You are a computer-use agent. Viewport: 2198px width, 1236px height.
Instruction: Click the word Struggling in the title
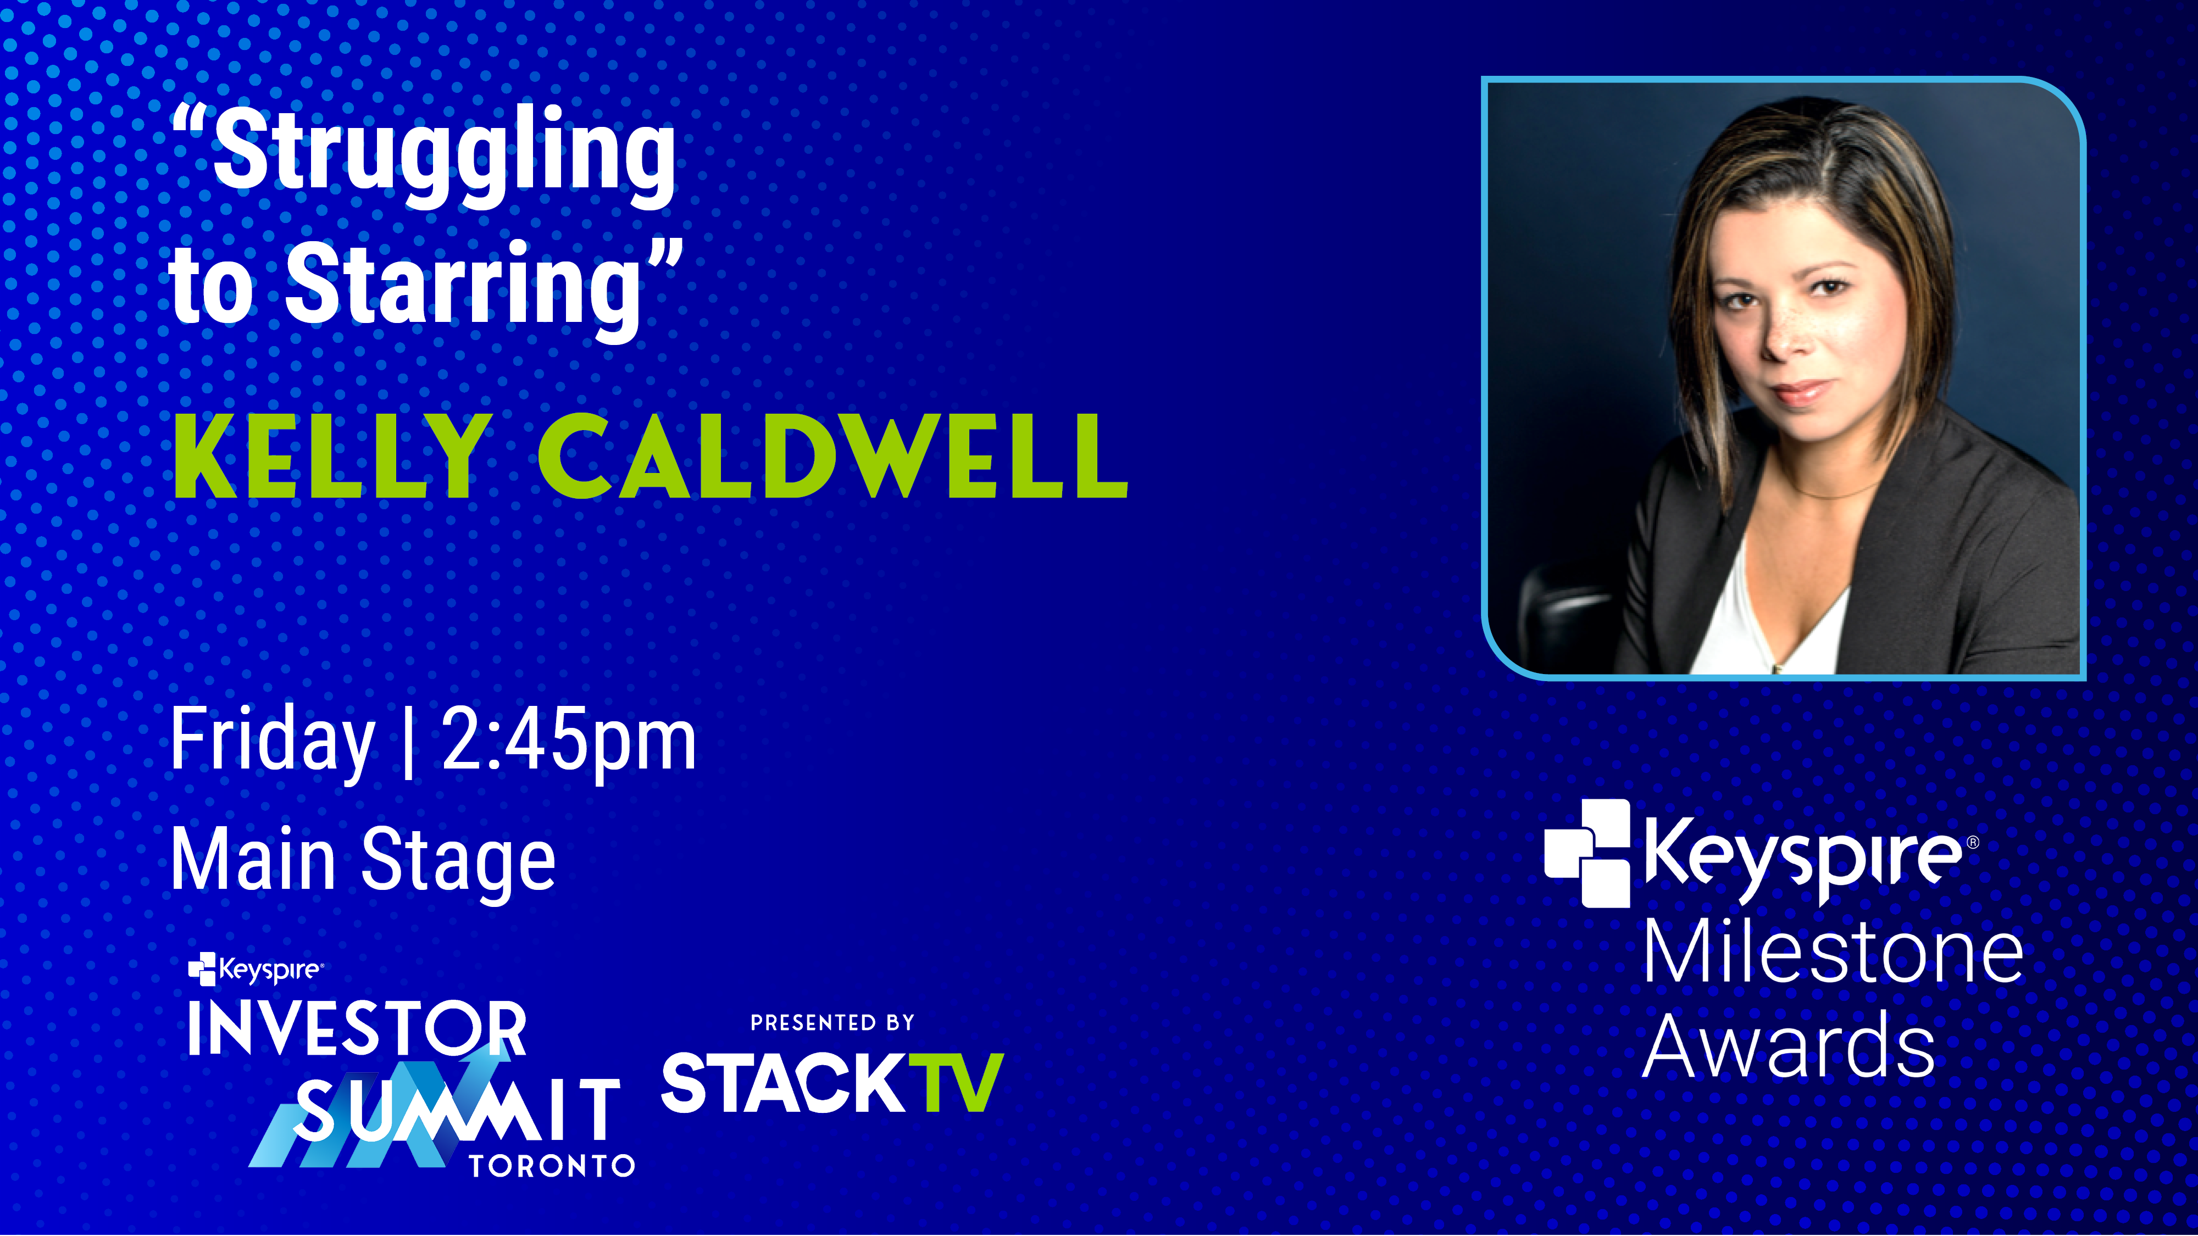pyautogui.click(x=443, y=158)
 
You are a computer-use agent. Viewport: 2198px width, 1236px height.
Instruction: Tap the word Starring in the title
pyautogui.click(x=463, y=290)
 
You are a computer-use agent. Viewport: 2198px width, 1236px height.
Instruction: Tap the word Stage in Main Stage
pyautogui.click(x=459, y=861)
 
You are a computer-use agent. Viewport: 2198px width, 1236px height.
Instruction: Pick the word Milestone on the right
pyautogui.click(x=1833, y=954)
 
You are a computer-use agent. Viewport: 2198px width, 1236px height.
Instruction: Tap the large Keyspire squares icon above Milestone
pyautogui.click(x=1587, y=853)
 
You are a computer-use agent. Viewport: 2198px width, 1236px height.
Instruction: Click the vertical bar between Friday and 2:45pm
pyautogui.click(x=408, y=742)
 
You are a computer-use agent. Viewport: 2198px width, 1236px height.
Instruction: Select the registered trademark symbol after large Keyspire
pyautogui.click(x=1972, y=843)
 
